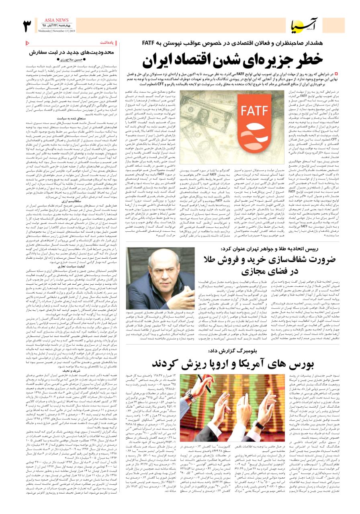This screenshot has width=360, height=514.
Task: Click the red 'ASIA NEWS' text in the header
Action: (59, 20)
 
